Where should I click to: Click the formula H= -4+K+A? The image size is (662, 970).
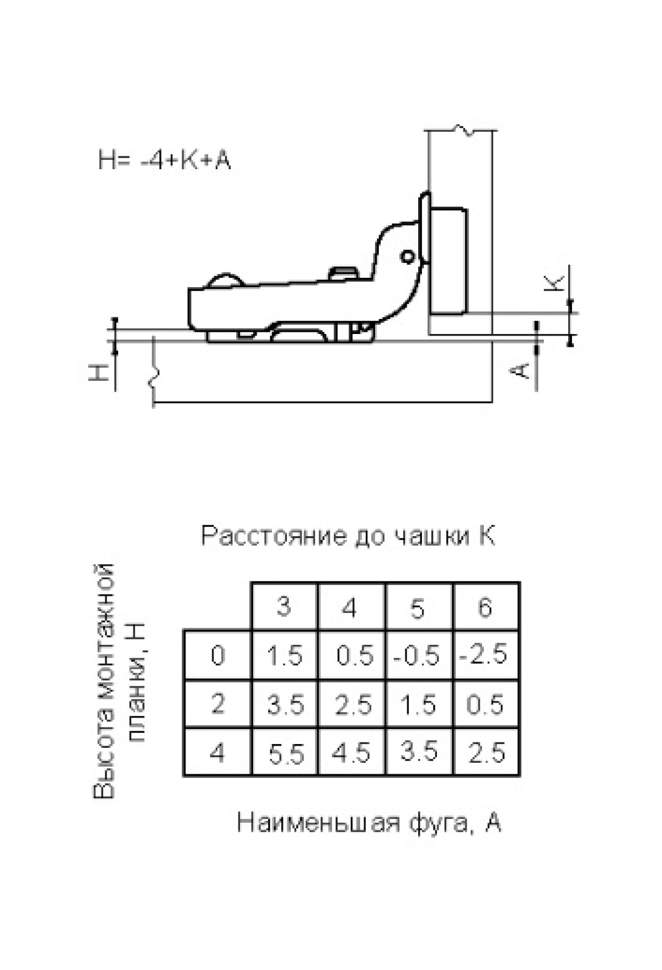(164, 160)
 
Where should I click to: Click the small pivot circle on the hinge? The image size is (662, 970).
(408, 256)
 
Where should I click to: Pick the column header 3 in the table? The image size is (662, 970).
(284, 606)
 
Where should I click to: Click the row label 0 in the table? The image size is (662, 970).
(218, 655)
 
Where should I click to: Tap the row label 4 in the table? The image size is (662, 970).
(217, 752)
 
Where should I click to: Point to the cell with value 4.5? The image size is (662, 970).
(351, 752)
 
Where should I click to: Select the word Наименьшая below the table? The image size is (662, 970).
(318, 823)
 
